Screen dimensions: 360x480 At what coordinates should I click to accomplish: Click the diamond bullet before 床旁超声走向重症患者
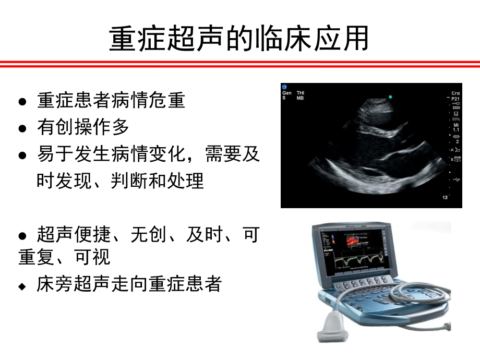pyautogui.click(x=22, y=286)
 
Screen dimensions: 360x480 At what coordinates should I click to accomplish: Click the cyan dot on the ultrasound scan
pyautogui.click(x=390, y=97)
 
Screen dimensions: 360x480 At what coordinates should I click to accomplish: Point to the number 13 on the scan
pyautogui.click(x=445, y=198)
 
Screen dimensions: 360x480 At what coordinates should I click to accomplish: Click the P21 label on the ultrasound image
pyautogui.click(x=456, y=98)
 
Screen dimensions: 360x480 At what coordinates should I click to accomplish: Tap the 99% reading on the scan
pyautogui.click(x=456, y=119)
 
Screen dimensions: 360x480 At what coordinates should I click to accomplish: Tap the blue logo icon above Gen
pyautogui.click(x=284, y=87)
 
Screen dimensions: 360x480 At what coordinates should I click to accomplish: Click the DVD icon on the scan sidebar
pyautogui.click(x=457, y=159)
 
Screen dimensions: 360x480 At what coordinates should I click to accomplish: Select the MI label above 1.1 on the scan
pyautogui.click(x=456, y=125)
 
